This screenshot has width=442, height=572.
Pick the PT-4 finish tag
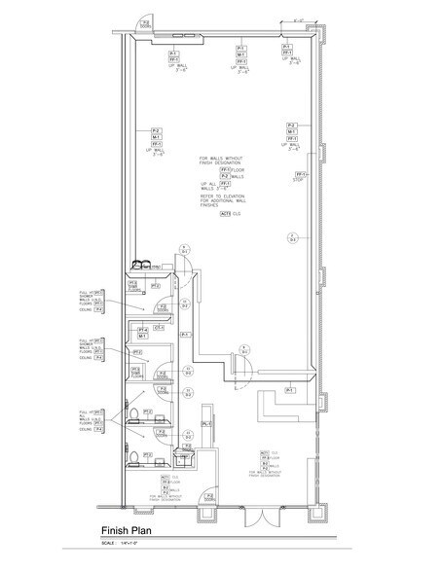pyautogui.click(x=144, y=330)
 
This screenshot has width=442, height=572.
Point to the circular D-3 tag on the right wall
pyautogui.click(x=291, y=237)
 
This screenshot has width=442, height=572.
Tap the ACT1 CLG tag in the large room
pyautogui.click(x=227, y=213)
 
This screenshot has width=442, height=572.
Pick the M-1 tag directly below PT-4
pyautogui.click(x=144, y=338)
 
